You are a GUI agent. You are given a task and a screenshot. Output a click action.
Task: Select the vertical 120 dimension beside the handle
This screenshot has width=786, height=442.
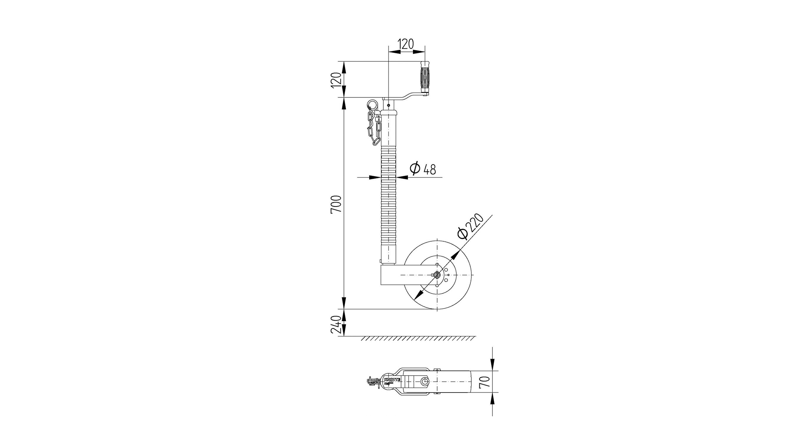[336, 79]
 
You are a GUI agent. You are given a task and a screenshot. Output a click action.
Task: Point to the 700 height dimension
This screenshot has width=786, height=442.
[336, 204]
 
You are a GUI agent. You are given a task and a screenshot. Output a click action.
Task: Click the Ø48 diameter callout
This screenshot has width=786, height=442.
[423, 168]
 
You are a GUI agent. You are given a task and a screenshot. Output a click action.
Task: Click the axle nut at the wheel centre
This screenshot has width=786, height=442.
[436, 275]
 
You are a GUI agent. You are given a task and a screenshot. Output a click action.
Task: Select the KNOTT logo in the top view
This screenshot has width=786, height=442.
[391, 379]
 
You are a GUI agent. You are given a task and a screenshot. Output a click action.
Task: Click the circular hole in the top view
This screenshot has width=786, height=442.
[425, 381]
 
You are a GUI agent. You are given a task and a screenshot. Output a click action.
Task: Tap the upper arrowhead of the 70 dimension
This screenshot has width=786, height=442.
[492, 367]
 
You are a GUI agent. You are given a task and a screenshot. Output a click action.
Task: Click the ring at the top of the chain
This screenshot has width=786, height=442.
[372, 104]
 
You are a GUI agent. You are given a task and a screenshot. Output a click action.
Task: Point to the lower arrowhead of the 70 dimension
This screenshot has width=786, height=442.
[492, 397]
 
